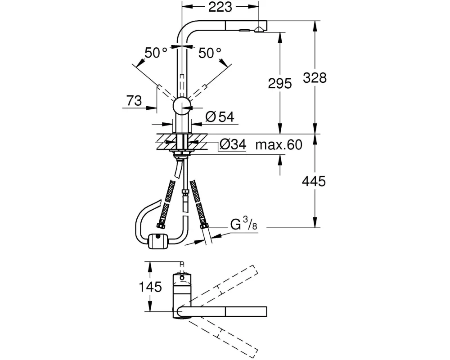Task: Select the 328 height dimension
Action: [x=315, y=77]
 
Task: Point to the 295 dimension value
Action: [x=280, y=83]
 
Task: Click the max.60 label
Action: [x=278, y=145]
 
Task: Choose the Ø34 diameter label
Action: [x=233, y=145]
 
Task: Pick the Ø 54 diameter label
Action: [x=220, y=117]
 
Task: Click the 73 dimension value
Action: [x=134, y=101]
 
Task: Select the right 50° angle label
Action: [x=210, y=54]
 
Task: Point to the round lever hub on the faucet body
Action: [x=182, y=106]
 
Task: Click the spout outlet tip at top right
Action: [x=260, y=29]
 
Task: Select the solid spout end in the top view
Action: [x=245, y=311]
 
